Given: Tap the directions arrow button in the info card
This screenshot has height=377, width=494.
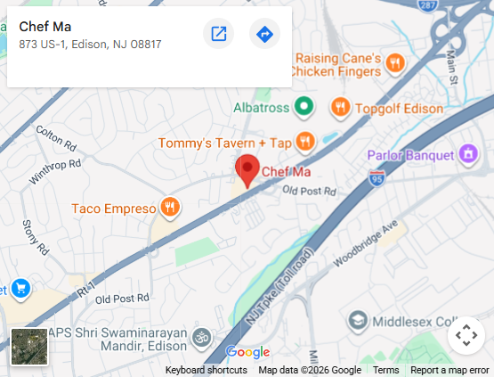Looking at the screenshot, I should pyautogui.click(x=264, y=35).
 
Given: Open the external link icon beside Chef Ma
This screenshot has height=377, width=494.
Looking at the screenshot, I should pyautogui.click(x=218, y=35).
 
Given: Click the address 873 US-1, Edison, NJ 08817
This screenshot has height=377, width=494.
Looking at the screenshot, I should pyautogui.click(x=90, y=44).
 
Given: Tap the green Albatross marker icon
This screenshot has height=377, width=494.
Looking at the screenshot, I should pyautogui.click(x=304, y=108).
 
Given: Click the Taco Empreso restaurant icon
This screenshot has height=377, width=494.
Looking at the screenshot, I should pyautogui.click(x=169, y=209).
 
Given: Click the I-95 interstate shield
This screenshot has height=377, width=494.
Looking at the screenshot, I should pyautogui.click(x=377, y=178).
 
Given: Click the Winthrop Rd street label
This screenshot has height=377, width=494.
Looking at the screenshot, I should pyautogui.click(x=54, y=171).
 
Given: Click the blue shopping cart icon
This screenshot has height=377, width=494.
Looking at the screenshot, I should pyautogui.click(x=20, y=289).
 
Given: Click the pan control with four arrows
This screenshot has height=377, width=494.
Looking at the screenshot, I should pyautogui.click(x=466, y=336).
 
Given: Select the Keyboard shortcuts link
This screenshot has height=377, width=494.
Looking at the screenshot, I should pyautogui.click(x=206, y=370).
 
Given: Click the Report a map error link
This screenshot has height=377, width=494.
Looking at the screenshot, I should pyautogui.click(x=449, y=370).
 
